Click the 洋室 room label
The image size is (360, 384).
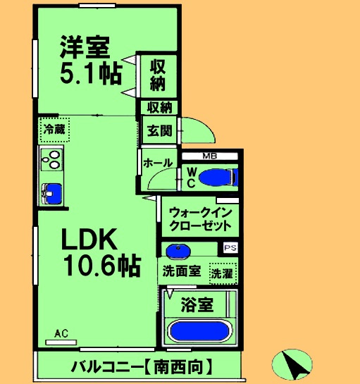84,48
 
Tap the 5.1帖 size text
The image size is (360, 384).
89,73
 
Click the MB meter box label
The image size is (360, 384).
210,156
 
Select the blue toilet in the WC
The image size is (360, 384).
218,177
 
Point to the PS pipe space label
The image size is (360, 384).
229,247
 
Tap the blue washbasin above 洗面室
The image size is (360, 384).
177,250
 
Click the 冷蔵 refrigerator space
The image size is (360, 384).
53,129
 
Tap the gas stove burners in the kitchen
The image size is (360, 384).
51,160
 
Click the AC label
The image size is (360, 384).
61,334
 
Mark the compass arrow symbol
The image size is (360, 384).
292,363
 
